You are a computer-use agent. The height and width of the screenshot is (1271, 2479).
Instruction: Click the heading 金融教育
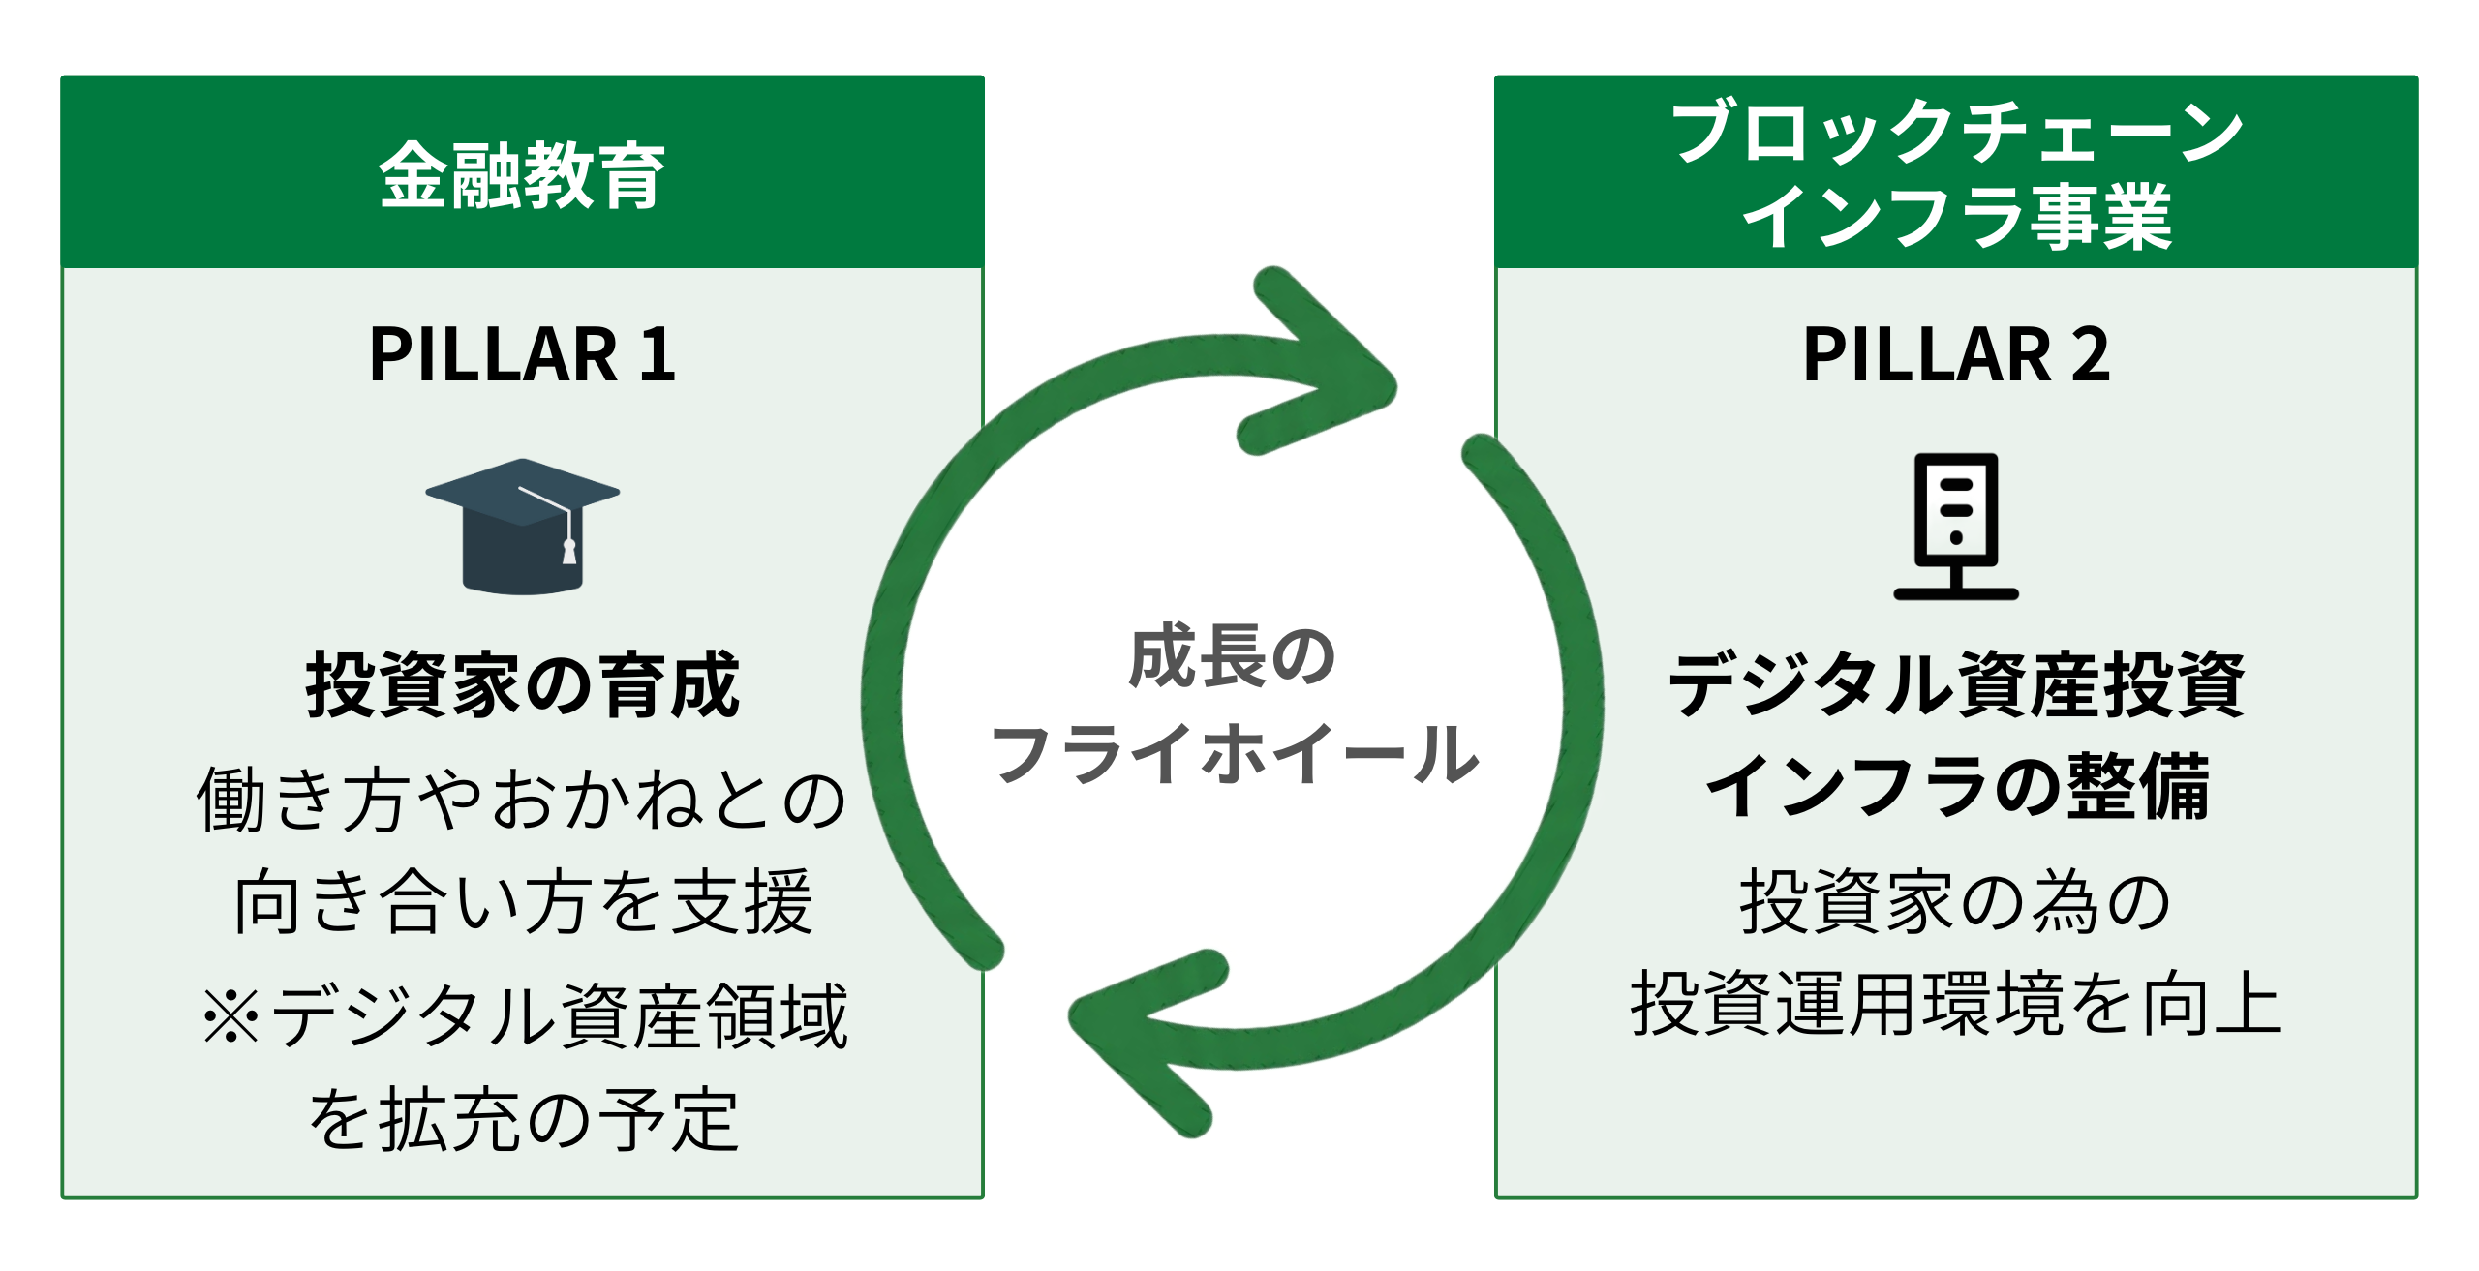(x=522, y=175)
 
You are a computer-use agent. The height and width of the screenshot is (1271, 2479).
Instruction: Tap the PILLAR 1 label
(x=522, y=355)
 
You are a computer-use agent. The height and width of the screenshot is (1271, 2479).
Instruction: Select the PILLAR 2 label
(x=1956, y=355)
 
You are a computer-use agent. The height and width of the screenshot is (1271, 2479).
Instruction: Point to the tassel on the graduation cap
(x=569, y=550)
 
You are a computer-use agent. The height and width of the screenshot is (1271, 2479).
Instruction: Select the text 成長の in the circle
(x=1233, y=657)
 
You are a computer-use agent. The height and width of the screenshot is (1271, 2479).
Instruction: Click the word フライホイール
(x=1235, y=754)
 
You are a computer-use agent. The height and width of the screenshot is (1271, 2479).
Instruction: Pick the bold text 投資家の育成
(x=522, y=685)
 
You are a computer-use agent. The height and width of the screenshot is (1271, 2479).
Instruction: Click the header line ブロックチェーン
(x=1956, y=133)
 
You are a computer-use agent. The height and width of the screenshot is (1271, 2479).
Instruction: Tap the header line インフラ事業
(x=1956, y=217)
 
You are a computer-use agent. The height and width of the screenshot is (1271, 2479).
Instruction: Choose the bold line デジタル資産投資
(x=1956, y=685)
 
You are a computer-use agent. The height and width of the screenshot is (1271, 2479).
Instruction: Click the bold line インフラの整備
(x=1956, y=786)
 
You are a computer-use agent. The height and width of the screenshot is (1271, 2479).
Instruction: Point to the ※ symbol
(x=231, y=1017)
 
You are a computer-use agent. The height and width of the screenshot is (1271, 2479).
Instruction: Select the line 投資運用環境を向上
(x=1956, y=1004)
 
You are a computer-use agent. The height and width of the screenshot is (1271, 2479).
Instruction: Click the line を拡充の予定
(x=524, y=1120)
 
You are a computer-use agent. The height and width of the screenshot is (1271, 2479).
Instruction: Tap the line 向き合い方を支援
(x=524, y=902)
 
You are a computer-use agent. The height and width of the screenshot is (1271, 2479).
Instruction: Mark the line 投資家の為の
(x=1956, y=902)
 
